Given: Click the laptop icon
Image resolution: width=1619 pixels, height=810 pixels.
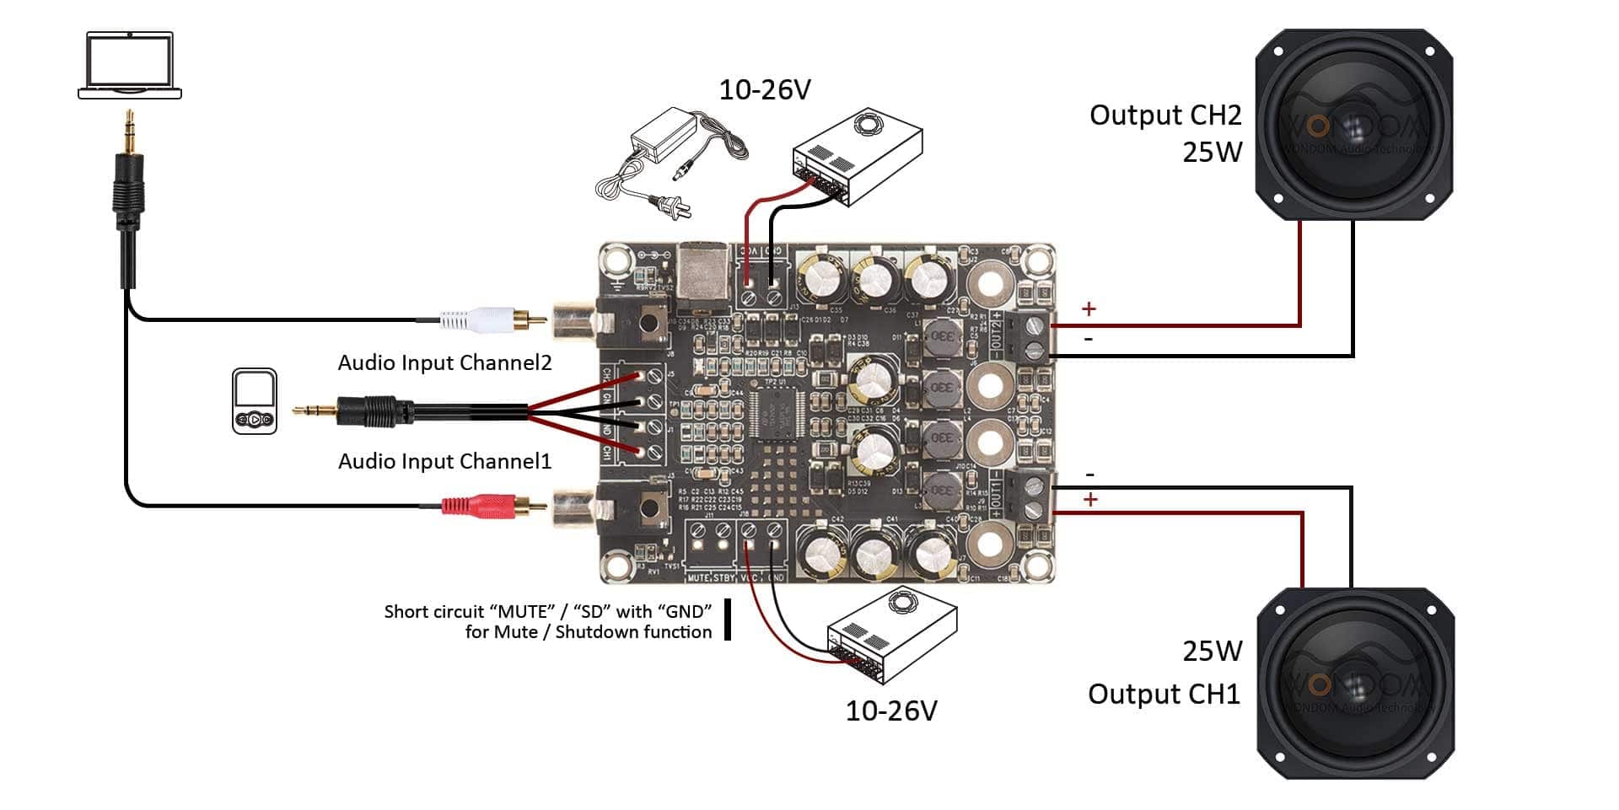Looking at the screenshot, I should (x=130, y=66).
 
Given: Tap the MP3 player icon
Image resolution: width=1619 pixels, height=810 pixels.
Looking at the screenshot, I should (x=255, y=401).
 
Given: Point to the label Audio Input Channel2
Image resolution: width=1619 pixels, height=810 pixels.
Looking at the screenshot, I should (x=444, y=363).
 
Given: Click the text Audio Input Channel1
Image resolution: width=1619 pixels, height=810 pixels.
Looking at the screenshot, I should (x=444, y=462).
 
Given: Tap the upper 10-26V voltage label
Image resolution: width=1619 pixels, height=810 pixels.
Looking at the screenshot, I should (x=764, y=90).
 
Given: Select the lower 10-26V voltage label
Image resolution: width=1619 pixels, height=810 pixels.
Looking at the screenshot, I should (x=890, y=711).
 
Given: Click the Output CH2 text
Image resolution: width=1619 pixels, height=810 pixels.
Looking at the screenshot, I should (x=1164, y=115).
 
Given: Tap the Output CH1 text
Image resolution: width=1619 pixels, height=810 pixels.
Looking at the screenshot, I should (x=1164, y=695).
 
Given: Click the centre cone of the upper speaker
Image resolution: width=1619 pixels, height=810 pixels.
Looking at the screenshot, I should (x=1353, y=126).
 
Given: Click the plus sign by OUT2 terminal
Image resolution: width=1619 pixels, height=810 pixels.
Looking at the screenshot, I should (x=1089, y=309).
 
